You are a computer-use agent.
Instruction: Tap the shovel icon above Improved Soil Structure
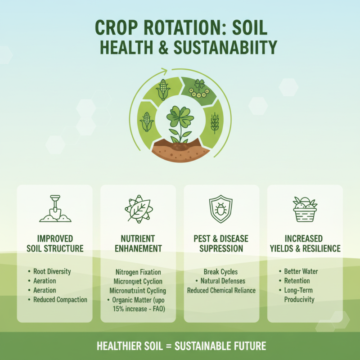[x=55, y=208]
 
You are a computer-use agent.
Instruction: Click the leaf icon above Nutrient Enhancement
[x=138, y=209]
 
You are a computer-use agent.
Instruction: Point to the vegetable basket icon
[x=305, y=209]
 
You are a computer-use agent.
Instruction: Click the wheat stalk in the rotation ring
[x=215, y=123]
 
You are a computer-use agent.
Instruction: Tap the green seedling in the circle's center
[x=179, y=121]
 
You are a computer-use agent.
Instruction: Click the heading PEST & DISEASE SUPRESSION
[x=221, y=243]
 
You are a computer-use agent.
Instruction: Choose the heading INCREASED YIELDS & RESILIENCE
[x=305, y=243]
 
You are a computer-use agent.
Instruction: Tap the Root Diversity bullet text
[x=52, y=271]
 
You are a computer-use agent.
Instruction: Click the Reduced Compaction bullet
[x=60, y=299]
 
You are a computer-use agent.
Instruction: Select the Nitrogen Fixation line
[x=138, y=272]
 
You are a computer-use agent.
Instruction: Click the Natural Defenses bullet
[x=223, y=281]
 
